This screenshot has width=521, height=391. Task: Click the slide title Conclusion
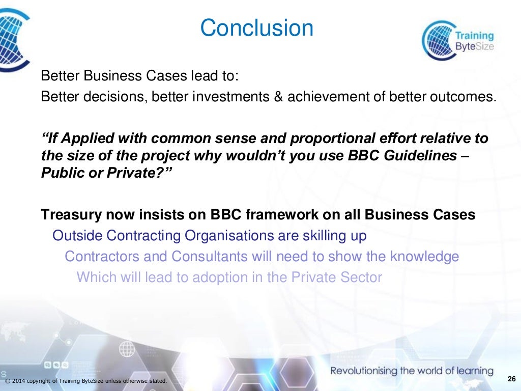pos(256,28)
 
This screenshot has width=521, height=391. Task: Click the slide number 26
pos(511,378)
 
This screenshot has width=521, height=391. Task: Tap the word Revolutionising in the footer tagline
pos(364,371)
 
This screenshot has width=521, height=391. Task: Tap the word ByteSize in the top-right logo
pos(473,47)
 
